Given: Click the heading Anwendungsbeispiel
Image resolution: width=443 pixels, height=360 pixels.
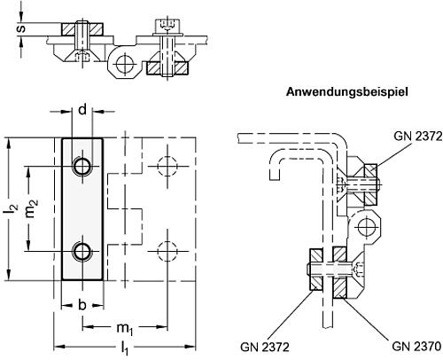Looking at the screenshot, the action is pyautogui.click(x=347, y=92).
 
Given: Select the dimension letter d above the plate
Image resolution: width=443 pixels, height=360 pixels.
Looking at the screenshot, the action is pyautogui.click(x=82, y=110).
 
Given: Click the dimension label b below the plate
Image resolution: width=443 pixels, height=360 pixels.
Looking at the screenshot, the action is pyautogui.click(x=82, y=304).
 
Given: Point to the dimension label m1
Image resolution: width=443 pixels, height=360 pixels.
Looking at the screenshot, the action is pyautogui.click(x=125, y=328).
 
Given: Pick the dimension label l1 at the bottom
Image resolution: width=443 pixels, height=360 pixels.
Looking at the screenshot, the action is pyautogui.click(x=125, y=348).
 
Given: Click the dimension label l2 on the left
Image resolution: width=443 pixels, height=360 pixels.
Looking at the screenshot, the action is pyautogui.click(x=12, y=209).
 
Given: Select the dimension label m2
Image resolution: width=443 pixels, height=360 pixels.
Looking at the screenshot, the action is pyautogui.click(x=32, y=208).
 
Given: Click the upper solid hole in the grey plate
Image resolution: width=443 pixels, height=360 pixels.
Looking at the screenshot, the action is pyautogui.click(x=82, y=166).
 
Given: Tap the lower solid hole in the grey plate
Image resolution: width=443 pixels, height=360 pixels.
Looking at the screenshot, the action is pyautogui.click(x=82, y=251).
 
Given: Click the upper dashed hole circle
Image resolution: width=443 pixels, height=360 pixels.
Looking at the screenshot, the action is pyautogui.click(x=167, y=166).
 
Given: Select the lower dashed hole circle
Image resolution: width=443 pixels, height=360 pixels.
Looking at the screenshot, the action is pyautogui.click(x=167, y=251).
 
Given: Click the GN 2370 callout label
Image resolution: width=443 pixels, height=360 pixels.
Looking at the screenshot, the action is pyautogui.click(x=416, y=346).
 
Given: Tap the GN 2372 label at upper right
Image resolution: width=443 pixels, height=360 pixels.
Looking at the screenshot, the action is pyautogui.click(x=418, y=137).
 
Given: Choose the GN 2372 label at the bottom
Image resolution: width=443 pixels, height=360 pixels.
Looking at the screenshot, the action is pyautogui.click(x=265, y=347).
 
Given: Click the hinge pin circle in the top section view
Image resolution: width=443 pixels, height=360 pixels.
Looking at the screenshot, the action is pyautogui.click(x=125, y=64).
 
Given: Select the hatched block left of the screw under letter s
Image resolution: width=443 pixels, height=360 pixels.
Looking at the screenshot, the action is pyautogui.click(x=67, y=29).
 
